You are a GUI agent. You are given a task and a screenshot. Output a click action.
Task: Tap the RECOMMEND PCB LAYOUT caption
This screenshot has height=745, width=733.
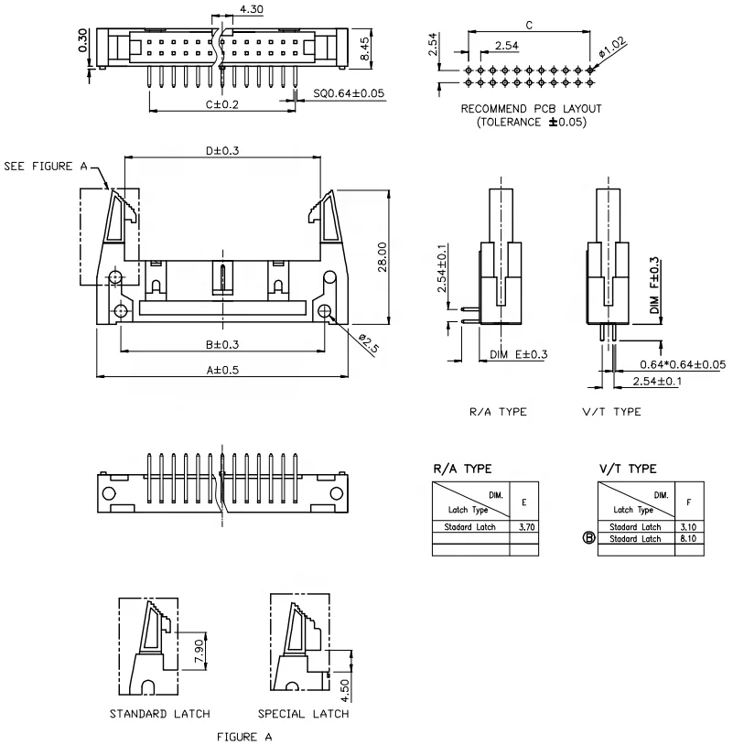(x=531, y=108)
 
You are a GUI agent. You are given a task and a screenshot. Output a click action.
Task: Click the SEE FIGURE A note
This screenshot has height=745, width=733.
(x=46, y=167)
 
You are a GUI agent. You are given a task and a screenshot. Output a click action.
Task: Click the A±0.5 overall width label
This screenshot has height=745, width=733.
(x=222, y=370)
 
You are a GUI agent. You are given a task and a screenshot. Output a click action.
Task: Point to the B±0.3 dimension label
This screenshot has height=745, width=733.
(x=222, y=344)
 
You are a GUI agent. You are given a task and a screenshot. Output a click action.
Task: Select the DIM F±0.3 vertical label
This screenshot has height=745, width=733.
(x=654, y=286)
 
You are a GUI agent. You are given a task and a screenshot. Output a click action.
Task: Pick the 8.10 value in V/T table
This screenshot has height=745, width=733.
(x=688, y=539)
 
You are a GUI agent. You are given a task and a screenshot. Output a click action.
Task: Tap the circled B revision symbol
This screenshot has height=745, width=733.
(x=588, y=539)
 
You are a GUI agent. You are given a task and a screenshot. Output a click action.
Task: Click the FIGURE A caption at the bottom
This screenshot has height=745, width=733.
(x=243, y=735)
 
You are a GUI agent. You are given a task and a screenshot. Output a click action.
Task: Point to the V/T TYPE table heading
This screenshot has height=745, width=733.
(x=628, y=469)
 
